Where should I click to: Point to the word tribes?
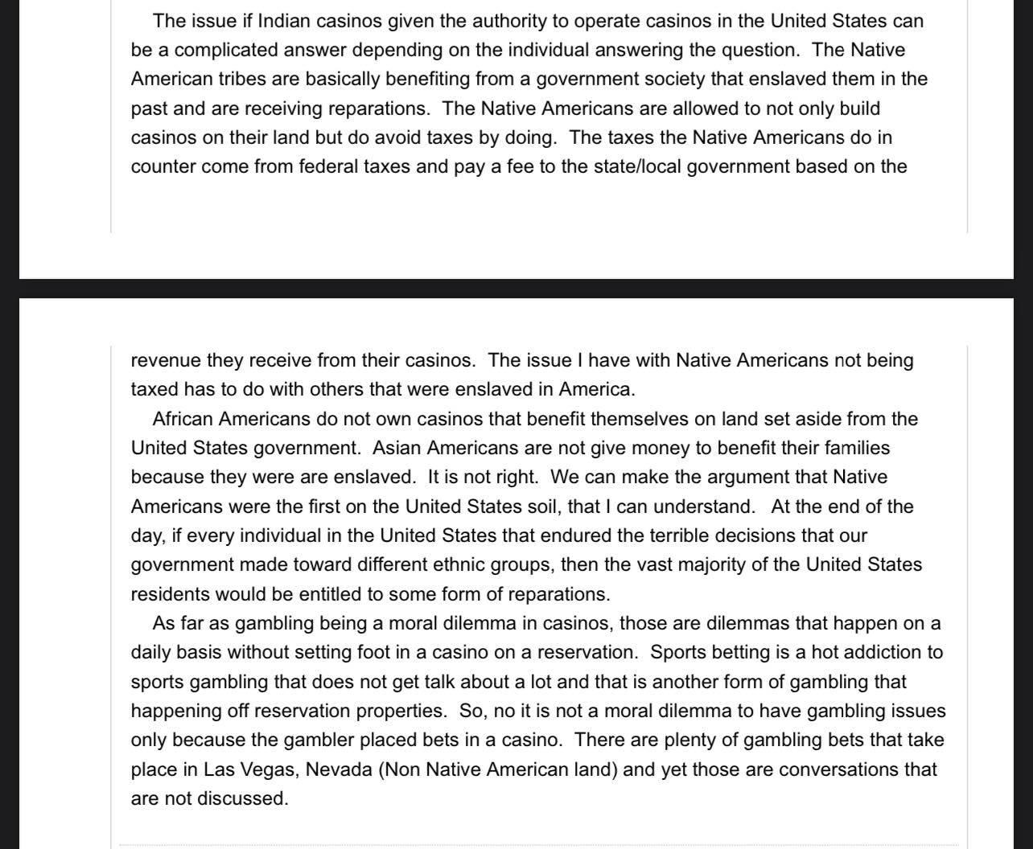pos(243,79)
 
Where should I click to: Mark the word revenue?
pos(165,360)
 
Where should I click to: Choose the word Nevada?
pos(340,769)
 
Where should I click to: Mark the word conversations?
pos(838,769)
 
